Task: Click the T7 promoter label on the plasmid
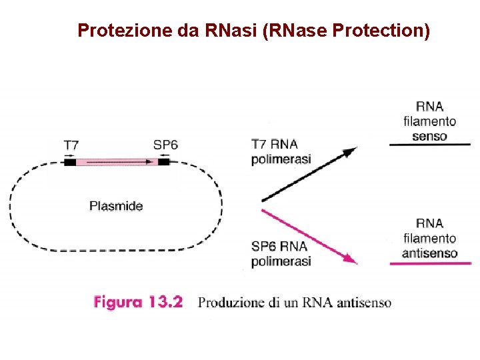point(71,145)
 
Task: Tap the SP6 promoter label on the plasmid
point(166,145)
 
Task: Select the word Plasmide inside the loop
point(116,206)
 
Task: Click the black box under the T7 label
point(70,161)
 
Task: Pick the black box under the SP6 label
point(164,161)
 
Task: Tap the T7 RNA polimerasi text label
point(281,151)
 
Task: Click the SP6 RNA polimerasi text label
point(281,254)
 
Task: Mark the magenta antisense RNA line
point(429,265)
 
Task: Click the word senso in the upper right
point(429,136)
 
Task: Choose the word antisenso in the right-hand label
point(429,253)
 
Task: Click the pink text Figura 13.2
point(138,303)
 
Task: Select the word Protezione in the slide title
point(125,31)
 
